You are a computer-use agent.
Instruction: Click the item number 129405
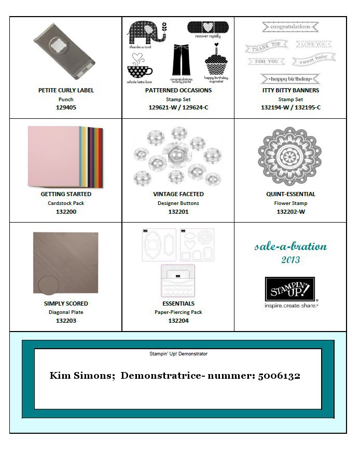66,108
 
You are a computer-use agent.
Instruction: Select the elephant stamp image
146,33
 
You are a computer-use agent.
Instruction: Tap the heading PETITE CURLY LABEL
66,90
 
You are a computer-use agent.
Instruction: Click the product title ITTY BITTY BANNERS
290,90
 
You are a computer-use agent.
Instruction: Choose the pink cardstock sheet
52,156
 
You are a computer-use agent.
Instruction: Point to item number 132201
178,212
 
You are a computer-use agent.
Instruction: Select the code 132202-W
290,212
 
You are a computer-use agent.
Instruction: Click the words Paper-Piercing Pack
178,312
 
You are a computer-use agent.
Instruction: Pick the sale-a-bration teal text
290,246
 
